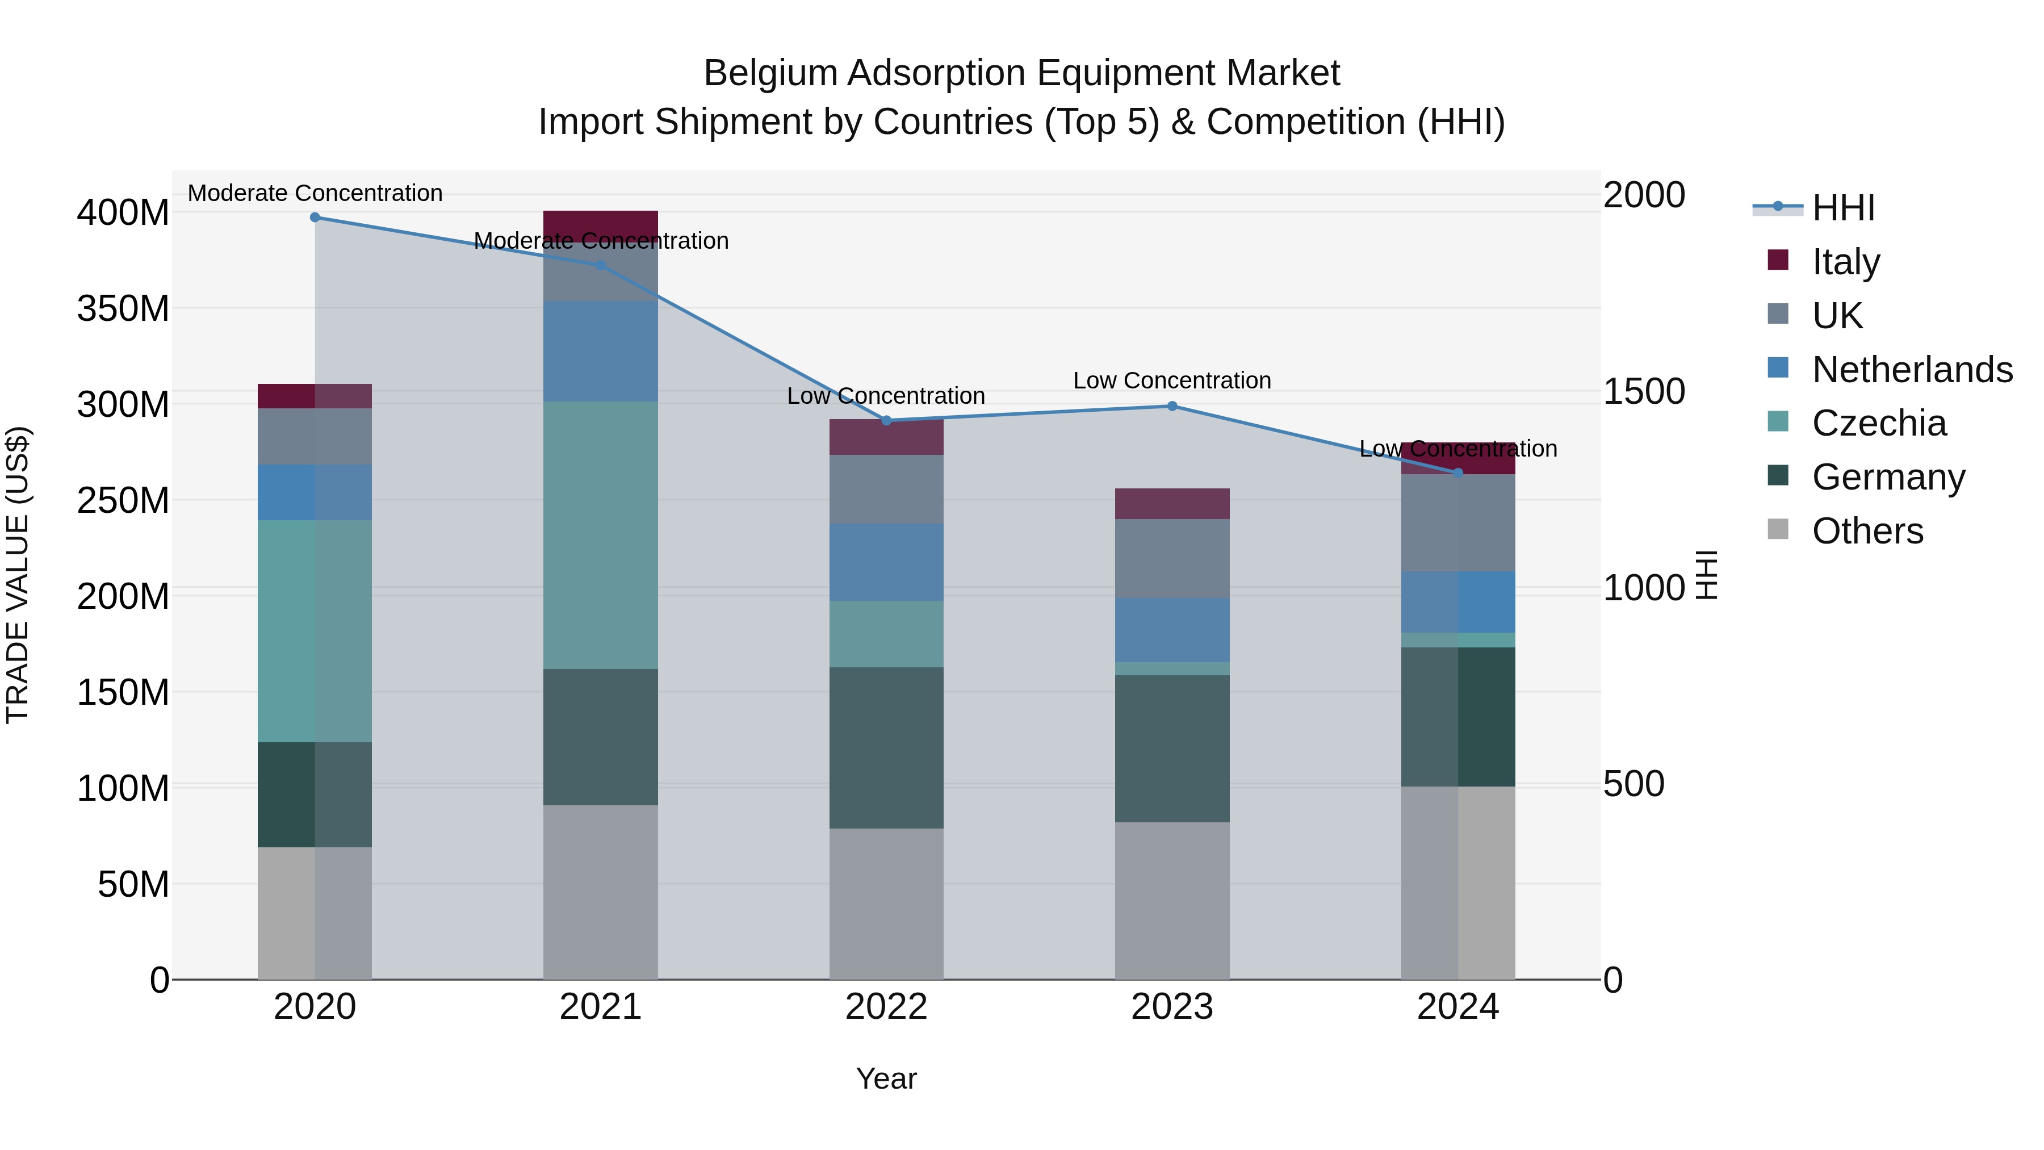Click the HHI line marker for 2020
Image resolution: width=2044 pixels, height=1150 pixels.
click(x=315, y=217)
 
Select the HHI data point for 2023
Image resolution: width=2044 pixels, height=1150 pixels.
click(x=1172, y=407)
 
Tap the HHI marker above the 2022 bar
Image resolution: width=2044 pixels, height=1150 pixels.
click(x=886, y=421)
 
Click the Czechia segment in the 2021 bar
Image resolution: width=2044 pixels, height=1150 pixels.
click(x=601, y=535)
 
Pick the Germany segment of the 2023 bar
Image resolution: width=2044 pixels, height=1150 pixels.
click(x=1172, y=748)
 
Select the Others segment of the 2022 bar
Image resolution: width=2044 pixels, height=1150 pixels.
click(x=886, y=904)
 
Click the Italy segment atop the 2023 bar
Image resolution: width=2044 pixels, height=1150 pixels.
click(x=1172, y=504)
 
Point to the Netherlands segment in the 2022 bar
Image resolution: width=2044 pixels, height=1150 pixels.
click(x=886, y=562)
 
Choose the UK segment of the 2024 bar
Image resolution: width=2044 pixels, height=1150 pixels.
click(x=1457, y=523)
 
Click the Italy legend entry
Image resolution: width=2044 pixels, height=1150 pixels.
click(x=1846, y=262)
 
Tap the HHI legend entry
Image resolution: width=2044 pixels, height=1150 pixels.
click(x=1843, y=208)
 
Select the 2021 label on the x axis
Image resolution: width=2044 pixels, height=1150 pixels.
click(x=601, y=1007)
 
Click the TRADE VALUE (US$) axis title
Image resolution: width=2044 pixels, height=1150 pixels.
click(x=18, y=575)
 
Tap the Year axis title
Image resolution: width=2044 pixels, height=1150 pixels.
click(x=886, y=1078)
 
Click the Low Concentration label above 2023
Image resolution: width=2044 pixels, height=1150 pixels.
click(x=1172, y=381)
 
